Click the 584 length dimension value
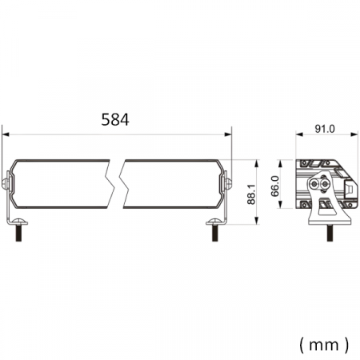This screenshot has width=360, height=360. coord(115,120)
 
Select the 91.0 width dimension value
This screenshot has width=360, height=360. coord(325,129)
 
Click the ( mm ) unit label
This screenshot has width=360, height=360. coord(324,345)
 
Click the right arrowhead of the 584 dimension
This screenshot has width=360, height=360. coord(229,134)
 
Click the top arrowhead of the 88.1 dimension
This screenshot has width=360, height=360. coord(257,159)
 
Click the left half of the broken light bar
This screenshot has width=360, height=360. coord(60,185)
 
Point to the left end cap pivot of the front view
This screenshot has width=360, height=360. coord(6,184)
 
